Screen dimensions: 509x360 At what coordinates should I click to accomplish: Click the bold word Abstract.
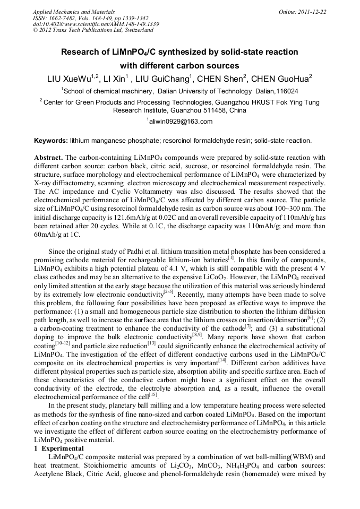[x=48, y=158]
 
